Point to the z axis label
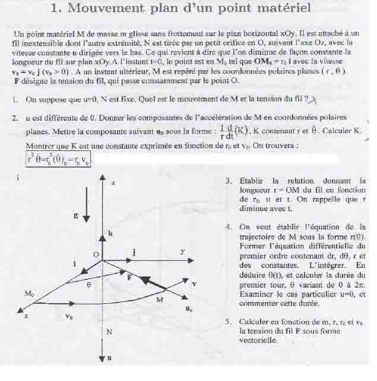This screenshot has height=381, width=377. coord(113,183)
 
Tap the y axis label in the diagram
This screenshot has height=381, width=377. coord(182,252)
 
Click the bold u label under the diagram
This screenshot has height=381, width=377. coord(110,358)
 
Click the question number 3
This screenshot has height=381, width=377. coord(229,181)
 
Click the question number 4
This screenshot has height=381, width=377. coord(229,227)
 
